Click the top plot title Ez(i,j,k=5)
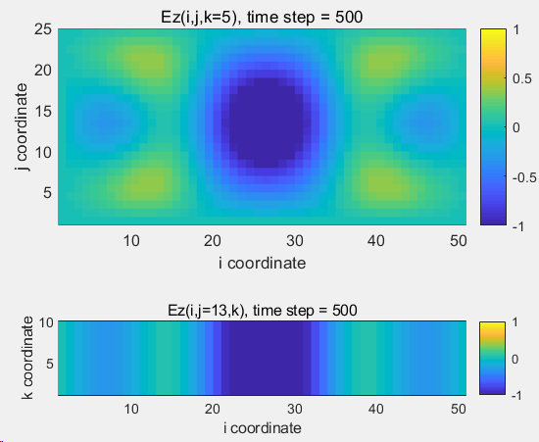point(200,18)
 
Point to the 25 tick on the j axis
point(43,29)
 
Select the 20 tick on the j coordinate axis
point(43,71)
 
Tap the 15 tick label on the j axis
point(43,112)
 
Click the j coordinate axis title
point(22,127)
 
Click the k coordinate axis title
point(27,358)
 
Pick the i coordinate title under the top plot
point(262,264)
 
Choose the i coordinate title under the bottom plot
point(263,428)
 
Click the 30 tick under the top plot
point(295,241)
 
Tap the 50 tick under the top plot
point(459,241)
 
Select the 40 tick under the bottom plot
point(376,409)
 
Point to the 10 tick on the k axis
point(46,322)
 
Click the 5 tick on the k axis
point(50,364)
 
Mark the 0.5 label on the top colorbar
point(522,78)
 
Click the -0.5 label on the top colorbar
point(524,177)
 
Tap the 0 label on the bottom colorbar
point(514,359)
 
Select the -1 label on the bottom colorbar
point(516,396)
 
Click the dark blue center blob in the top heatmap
point(266,123)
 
